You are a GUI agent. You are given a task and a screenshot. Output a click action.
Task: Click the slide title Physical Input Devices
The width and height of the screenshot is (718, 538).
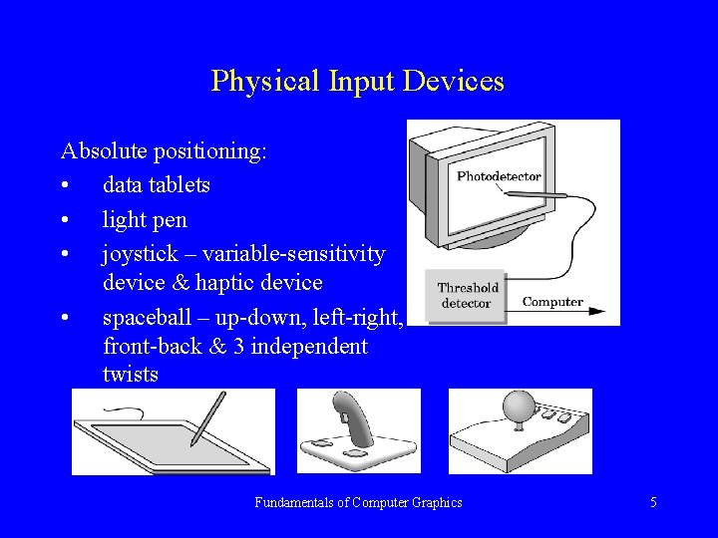click(x=357, y=81)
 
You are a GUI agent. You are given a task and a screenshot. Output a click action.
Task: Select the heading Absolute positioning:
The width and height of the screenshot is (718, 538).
click(x=164, y=151)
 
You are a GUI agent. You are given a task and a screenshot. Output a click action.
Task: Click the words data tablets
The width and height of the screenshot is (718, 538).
click(x=156, y=185)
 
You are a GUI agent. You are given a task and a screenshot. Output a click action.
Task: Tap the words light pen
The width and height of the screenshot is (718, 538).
click(x=145, y=219)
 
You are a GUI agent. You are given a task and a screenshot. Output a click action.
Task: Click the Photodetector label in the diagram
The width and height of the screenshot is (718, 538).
click(x=499, y=176)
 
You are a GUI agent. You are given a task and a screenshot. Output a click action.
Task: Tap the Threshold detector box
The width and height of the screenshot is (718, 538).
click(x=465, y=296)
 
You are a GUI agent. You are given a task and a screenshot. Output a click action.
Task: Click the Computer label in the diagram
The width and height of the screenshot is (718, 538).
click(x=552, y=302)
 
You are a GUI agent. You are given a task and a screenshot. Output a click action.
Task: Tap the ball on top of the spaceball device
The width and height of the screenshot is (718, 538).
click(x=518, y=404)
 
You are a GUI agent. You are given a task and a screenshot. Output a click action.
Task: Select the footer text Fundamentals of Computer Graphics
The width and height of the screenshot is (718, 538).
click(x=358, y=503)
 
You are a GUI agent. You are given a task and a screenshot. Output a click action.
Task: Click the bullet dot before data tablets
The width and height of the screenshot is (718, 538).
click(x=66, y=186)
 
